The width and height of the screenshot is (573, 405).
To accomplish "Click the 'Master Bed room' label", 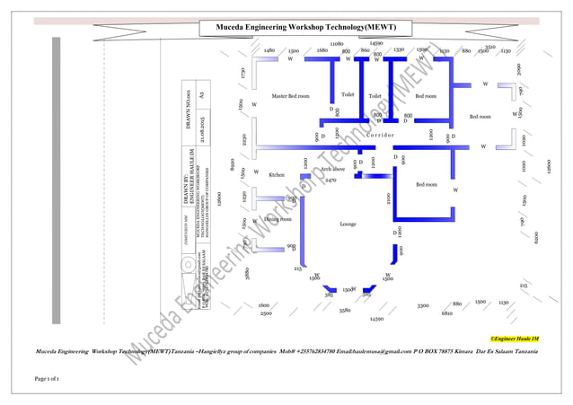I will point(290,95).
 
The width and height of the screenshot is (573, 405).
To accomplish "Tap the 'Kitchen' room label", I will point(277,175).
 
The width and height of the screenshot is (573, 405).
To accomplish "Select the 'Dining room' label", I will point(278,218).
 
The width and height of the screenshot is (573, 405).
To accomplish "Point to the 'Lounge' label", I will point(348,224).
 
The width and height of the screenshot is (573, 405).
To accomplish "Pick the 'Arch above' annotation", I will point(333,168).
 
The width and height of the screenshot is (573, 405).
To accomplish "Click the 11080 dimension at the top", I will point(337,43).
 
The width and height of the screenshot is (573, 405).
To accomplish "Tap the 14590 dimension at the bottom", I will point(377,318).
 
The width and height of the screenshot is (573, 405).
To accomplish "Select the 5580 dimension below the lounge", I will point(345,310).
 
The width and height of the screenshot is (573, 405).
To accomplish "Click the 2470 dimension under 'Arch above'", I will point(331,180).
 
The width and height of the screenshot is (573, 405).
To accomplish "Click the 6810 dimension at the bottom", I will point(446,313).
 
